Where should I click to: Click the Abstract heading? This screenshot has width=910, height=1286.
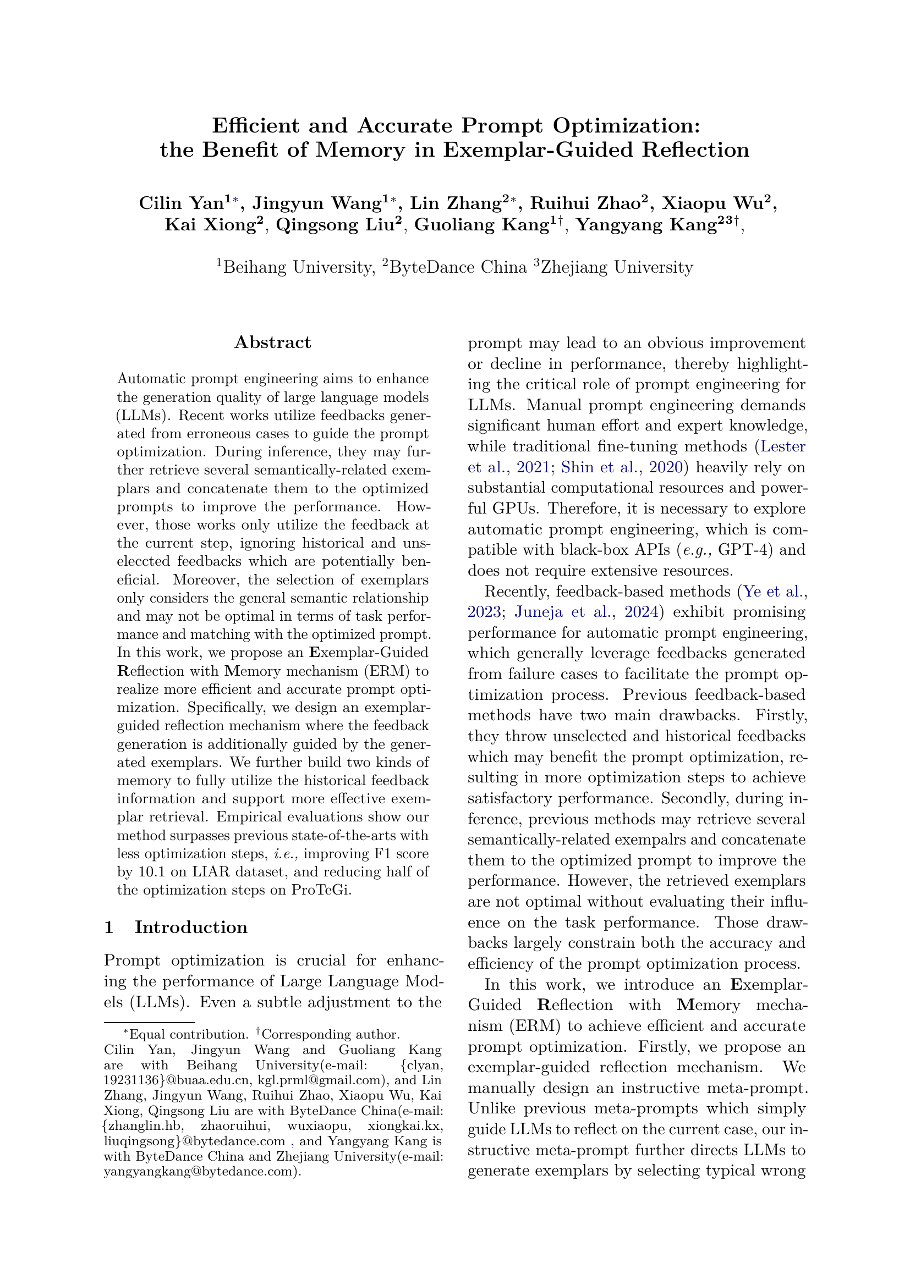pyautogui.click(x=272, y=342)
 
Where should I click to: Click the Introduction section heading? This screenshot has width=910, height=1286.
pyautogui.click(x=190, y=927)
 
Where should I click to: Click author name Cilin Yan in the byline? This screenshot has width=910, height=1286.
pyautogui.click(x=181, y=203)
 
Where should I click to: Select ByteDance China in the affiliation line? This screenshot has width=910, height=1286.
pyautogui.click(x=458, y=267)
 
